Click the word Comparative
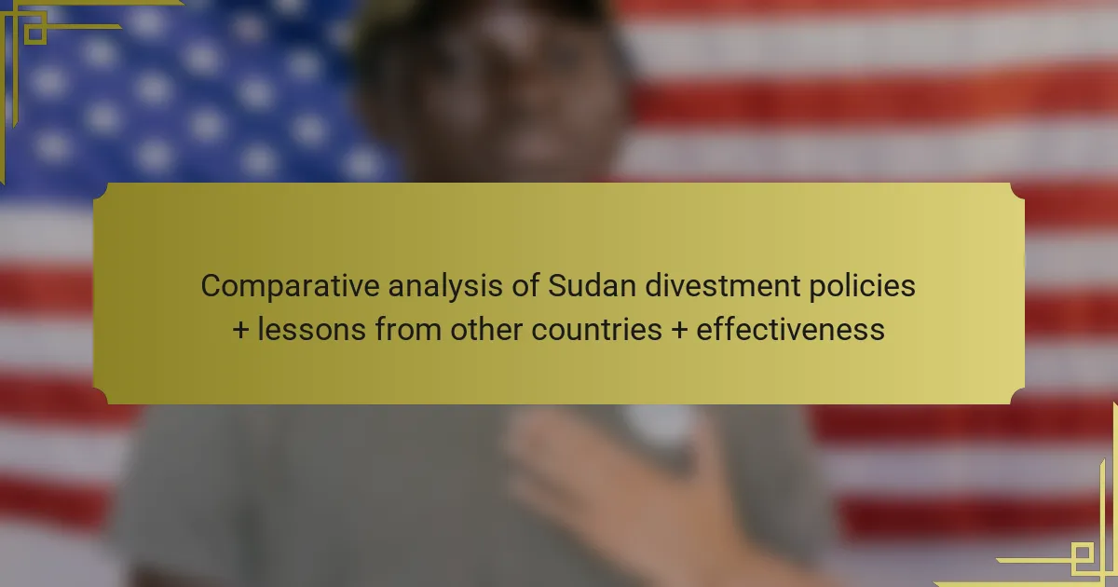click(290, 287)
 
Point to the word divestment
click(723, 285)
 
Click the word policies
click(862, 287)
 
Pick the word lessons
click(311, 330)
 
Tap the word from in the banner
click(408, 330)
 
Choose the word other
click(486, 330)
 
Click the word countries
click(596, 331)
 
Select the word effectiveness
click(790, 330)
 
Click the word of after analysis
click(525, 285)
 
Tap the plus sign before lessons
click(240, 331)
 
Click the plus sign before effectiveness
click(679, 331)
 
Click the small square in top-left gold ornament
click(35, 34)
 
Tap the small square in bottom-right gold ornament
click(1083, 553)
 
